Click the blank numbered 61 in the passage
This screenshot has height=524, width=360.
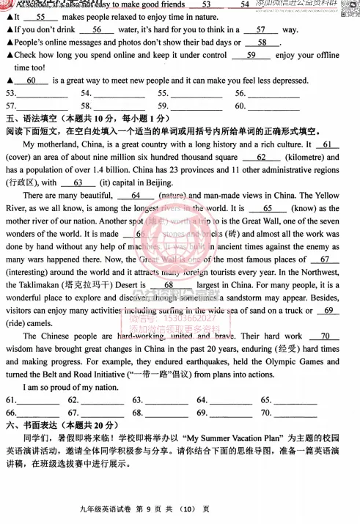tap(331, 144)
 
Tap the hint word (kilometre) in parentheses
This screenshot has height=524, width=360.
tap(304, 158)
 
